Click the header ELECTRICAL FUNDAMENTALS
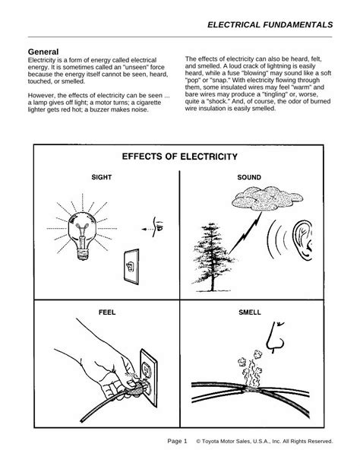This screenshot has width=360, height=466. (x=270, y=24)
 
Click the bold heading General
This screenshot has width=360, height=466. (x=43, y=52)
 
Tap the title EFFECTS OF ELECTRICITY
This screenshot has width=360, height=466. (x=180, y=157)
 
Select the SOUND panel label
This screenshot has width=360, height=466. (x=249, y=177)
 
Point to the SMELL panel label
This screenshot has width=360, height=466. (x=249, y=312)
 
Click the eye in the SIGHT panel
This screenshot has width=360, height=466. (x=159, y=226)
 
